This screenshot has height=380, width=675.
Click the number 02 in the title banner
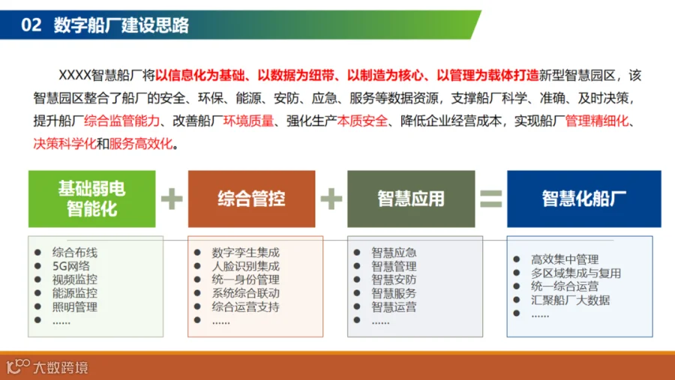click(31, 25)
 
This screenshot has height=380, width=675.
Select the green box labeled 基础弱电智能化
click(92, 199)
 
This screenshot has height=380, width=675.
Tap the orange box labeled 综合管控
click(252, 199)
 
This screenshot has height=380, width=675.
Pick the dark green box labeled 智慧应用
click(411, 199)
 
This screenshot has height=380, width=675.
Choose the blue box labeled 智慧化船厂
click(584, 199)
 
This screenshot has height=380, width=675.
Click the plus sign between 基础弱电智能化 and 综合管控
click(172, 199)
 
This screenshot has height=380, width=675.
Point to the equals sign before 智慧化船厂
click(491, 199)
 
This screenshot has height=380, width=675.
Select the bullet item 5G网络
click(71, 266)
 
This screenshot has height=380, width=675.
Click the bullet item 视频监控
click(75, 280)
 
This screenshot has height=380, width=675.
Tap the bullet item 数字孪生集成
click(245, 253)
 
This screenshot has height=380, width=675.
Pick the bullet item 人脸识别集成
click(245, 266)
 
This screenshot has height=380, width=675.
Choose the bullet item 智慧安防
click(394, 280)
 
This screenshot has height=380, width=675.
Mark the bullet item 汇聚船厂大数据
click(571, 300)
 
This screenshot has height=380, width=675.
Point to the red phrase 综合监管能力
click(121, 121)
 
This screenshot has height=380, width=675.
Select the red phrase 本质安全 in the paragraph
click(362, 121)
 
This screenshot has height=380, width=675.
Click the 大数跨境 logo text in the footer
click(61, 367)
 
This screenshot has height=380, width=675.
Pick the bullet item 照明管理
click(75, 307)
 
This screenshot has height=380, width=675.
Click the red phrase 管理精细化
click(597, 121)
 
